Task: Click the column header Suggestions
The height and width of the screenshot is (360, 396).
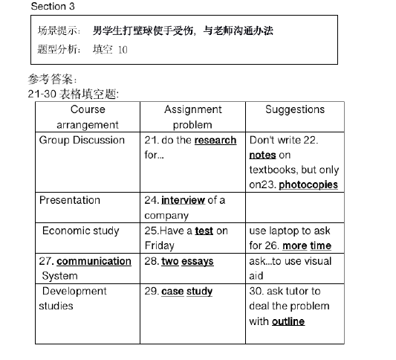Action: [x=294, y=109]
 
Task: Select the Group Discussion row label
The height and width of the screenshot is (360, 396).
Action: [x=82, y=140]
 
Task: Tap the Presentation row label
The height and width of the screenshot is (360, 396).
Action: [x=69, y=200]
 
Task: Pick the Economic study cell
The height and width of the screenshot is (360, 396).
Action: [x=80, y=231]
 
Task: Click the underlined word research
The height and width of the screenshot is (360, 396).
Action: [x=215, y=140]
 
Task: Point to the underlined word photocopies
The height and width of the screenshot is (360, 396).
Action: [x=308, y=184]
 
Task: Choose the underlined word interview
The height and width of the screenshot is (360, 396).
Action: [x=183, y=200]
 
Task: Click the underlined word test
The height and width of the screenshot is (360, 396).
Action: [x=204, y=231]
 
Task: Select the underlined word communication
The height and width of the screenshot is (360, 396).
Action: [x=94, y=261]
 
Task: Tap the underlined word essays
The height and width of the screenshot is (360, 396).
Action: [x=198, y=261]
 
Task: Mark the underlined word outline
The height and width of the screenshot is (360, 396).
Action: [x=288, y=321]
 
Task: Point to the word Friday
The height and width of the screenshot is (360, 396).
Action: [x=159, y=245]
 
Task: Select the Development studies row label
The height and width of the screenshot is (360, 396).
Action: [x=74, y=298]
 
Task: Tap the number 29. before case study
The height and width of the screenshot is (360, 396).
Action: [x=152, y=291]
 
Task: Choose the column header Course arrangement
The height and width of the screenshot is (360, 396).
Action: [x=88, y=117]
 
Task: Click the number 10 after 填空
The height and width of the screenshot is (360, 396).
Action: [x=123, y=50]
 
